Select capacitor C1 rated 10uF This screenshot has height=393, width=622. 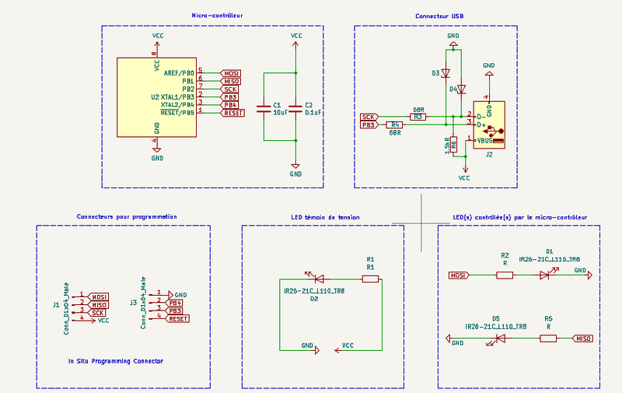tap(264, 107)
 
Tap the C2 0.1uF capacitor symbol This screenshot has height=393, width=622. tap(295, 107)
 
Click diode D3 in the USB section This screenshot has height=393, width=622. tap(446, 73)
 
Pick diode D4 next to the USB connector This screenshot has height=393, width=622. tap(461, 89)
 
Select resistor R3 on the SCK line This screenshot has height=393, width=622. tap(418, 117)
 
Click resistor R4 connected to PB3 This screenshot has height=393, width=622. tap(395, 125)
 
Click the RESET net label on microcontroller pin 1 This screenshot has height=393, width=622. tap(233, 113)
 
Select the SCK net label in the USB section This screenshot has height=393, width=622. tap(369, 117)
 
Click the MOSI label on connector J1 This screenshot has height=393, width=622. tap(99, 297)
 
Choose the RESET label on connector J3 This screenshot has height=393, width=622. tap(178, 318)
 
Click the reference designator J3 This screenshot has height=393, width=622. tap(134, 302)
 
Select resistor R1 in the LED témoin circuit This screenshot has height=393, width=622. tap(370, 279)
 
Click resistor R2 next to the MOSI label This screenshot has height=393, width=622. tap(505, 275)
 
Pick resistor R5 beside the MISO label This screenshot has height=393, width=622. tap(548, 339)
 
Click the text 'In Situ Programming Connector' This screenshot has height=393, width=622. tap(116, 361)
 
